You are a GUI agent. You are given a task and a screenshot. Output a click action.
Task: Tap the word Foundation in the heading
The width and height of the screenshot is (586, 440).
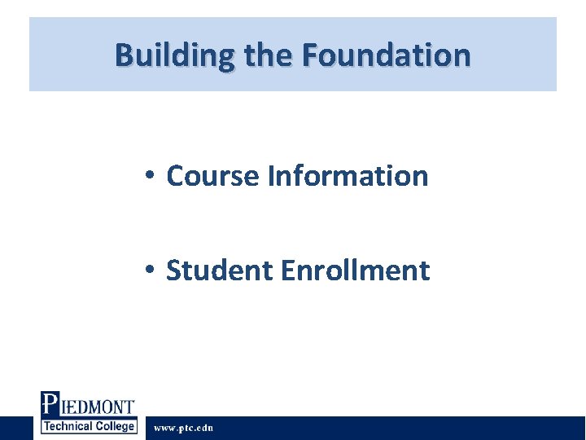click(x=386, y=55)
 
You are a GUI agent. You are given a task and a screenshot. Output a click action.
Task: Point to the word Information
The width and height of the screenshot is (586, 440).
click(x=348, y=175)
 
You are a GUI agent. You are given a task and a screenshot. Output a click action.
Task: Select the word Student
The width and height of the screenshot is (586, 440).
click(x=219, y=270)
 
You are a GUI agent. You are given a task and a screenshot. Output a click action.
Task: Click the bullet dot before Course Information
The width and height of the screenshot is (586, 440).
click(x=150, y=176)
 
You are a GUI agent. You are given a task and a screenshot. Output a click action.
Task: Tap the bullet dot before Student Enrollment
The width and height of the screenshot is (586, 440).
click(x=150, y=271)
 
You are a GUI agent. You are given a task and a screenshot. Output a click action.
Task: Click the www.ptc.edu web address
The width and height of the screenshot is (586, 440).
click(x=184, y=428)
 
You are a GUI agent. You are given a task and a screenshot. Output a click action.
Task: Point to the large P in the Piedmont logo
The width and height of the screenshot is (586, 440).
click(x=50, y=405)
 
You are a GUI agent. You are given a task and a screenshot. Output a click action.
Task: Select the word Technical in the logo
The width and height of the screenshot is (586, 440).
click(x=68, y=426)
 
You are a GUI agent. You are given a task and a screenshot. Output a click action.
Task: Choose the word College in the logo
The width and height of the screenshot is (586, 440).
click(x=115, y=426)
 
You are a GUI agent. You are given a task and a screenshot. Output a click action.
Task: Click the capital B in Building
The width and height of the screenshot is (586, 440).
click(x=124, y=55)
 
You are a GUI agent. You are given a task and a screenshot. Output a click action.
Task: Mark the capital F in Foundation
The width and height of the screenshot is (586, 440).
click(x=309, y=55)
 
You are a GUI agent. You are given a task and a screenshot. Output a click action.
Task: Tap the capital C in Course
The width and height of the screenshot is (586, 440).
click(x=175, y=175)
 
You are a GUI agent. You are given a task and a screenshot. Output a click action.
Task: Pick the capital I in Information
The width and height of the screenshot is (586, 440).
click(x=270, y=175)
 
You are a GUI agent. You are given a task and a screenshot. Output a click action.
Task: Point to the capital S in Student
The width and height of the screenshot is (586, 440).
click(x=174, y=270)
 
